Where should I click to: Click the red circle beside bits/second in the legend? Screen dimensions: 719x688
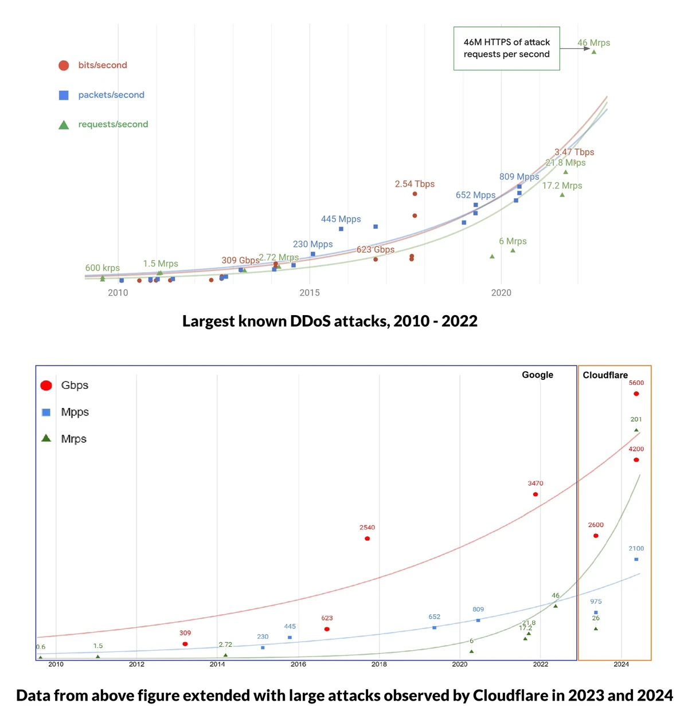coord(64,65)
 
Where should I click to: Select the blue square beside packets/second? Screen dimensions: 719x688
coord(64,95)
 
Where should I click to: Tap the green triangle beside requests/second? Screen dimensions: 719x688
coord(64,125)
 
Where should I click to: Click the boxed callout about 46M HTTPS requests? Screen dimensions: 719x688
coord(506,48)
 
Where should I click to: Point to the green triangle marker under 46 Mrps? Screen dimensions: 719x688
coord(594,52)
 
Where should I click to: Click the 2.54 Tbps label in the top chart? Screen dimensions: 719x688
coord(415,184)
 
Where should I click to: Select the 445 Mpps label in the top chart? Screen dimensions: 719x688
coord(341,219)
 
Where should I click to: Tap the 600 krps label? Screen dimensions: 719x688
coord(103,268)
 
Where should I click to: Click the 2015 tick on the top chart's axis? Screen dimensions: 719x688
coord(310,293)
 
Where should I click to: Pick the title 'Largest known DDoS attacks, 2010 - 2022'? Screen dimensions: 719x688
coord(330,321)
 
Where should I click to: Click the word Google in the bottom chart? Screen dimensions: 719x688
coord(537,375)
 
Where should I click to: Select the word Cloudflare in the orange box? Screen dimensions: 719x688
coord(605,375)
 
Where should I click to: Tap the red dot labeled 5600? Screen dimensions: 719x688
coord(636,394)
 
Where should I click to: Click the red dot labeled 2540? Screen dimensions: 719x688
coord(368,539)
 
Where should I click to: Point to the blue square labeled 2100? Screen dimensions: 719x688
coord(636,559)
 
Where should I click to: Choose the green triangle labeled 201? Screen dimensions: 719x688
coord(636,430)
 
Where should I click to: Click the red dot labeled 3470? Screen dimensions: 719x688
coord(535,494)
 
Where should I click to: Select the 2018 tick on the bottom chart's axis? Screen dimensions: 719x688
coord(379,665)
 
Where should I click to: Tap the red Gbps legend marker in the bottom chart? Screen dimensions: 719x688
coord(46,386)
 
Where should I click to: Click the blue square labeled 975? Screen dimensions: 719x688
coord(596,612)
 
